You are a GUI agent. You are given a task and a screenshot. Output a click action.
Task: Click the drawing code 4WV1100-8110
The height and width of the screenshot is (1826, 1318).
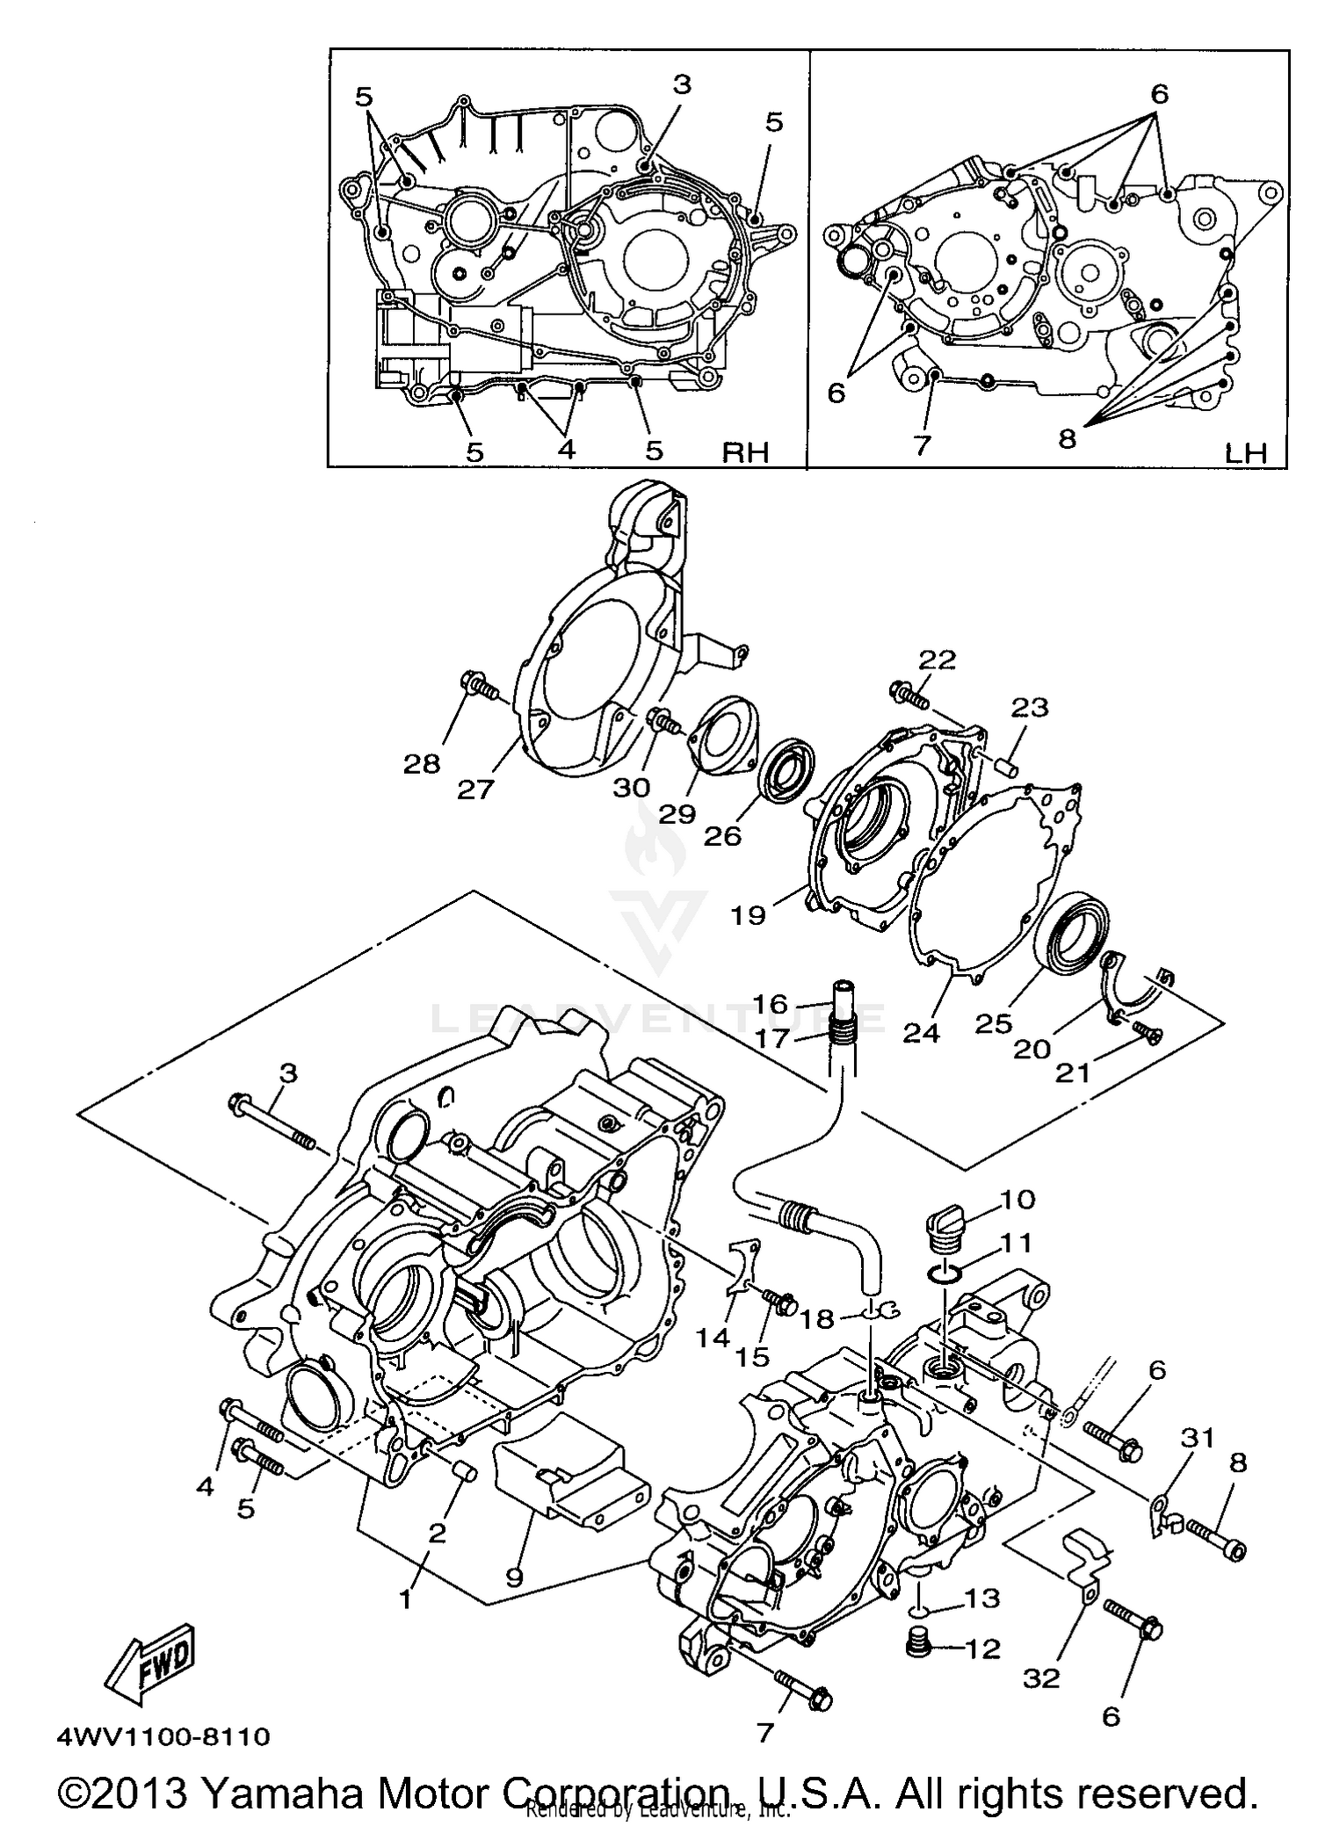tap(163, 1736)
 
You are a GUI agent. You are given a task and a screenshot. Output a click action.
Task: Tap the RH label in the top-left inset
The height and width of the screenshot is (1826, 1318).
tap(745, 452)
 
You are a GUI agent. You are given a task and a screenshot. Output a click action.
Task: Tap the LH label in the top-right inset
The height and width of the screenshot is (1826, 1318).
tap(1246, 453)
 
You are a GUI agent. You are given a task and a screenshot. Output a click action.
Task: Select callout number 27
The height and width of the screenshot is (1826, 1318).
tap(476, 790)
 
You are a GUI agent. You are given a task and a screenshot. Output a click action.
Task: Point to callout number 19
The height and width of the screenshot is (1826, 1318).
tap(748, 915)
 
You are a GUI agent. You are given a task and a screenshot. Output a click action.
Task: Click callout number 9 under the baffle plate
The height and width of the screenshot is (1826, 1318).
tap(514, 1577)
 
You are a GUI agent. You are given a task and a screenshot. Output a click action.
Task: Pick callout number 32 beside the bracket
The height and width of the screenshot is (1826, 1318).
tap(1041, 1678)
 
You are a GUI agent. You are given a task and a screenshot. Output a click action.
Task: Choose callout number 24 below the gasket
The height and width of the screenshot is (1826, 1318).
tap(921, 1033)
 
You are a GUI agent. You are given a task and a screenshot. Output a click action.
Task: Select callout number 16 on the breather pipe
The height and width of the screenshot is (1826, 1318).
tap(770, 1003)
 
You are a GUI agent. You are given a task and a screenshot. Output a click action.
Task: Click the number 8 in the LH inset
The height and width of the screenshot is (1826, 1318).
tap(1067, 439)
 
